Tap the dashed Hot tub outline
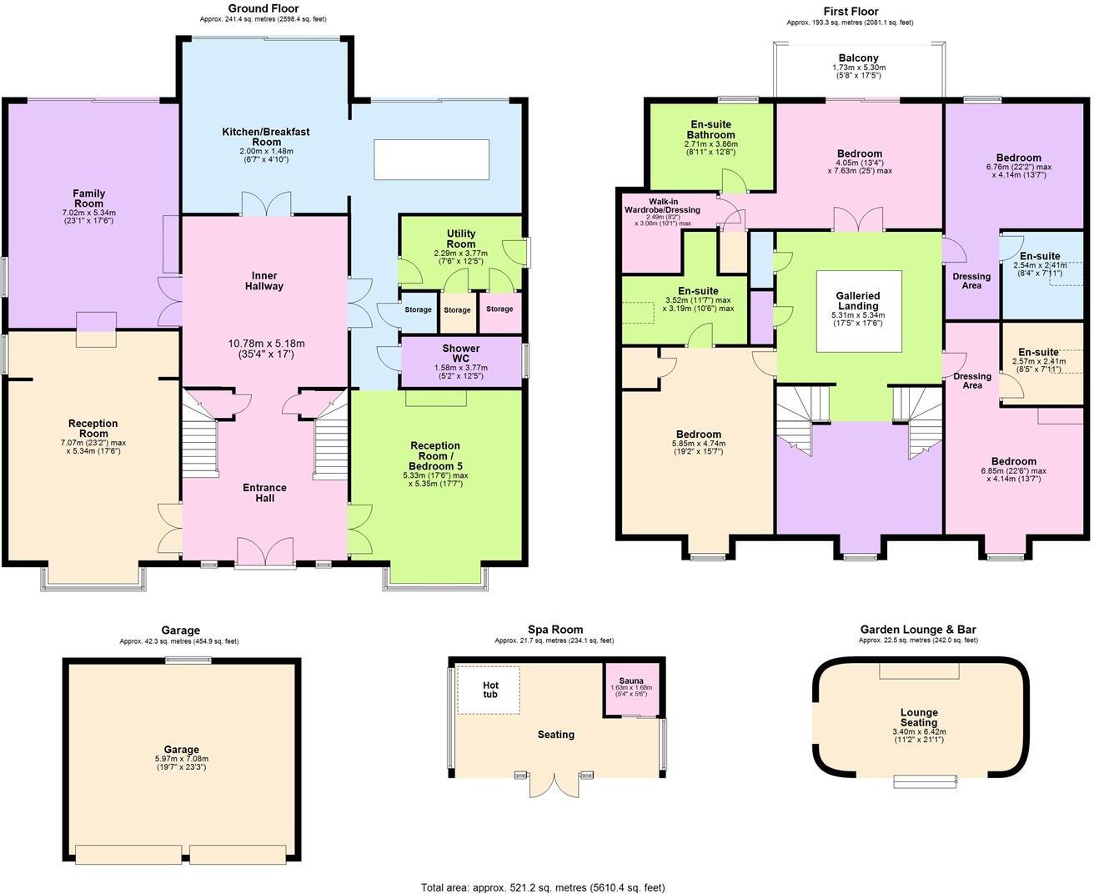489,690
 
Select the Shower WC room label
461,354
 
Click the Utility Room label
460,239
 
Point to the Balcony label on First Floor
858,58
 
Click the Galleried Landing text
858,301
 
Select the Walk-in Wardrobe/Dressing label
663,205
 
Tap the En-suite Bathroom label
710,129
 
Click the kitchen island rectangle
431,159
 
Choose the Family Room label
88,198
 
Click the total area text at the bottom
543,887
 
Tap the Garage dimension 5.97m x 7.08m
181,758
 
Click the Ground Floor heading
263,8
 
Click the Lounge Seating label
918,718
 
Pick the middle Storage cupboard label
457,310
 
